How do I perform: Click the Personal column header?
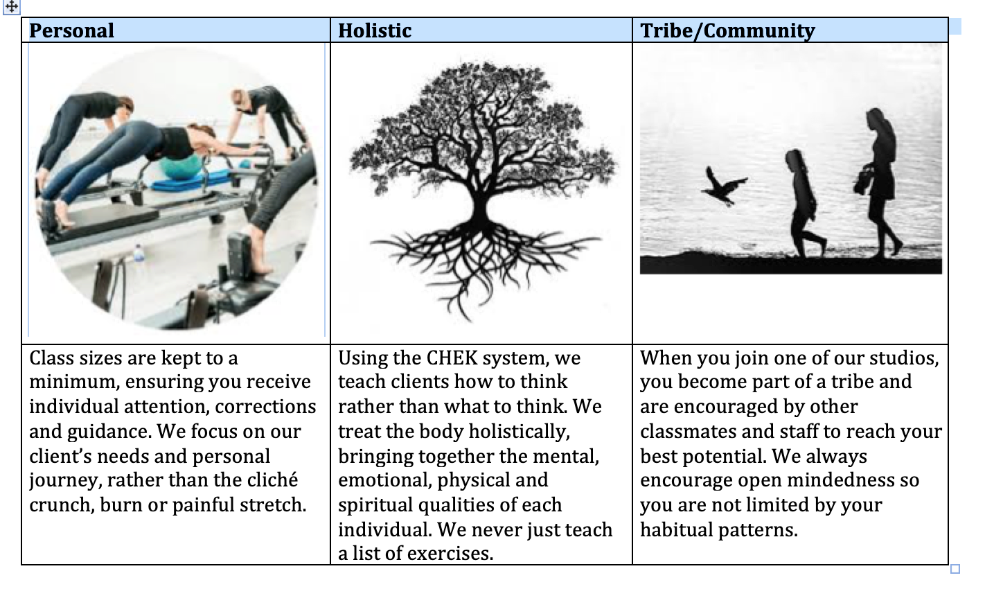(71, 30)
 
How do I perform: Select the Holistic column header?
(375, 30)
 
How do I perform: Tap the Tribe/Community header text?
(727, 30)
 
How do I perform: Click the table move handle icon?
(12, 7)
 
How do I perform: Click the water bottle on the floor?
(139, 255)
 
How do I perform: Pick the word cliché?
(273, 480)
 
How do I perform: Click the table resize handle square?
(955, 569)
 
